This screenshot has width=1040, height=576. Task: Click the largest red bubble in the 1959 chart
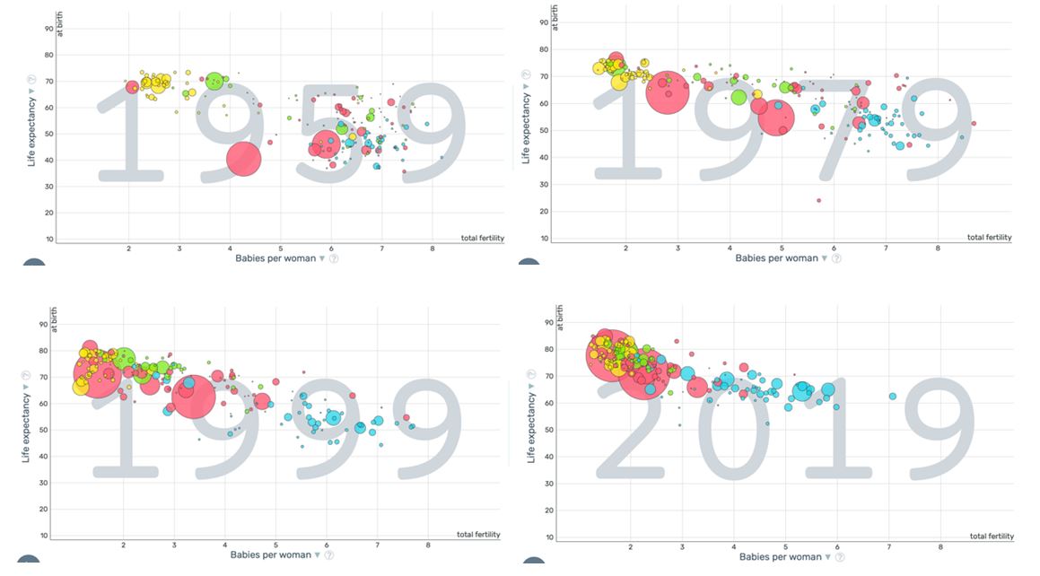coord(243,159)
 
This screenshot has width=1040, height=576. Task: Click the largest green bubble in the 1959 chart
coord(214,82)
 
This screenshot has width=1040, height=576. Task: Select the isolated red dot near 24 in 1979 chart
coord(818,201)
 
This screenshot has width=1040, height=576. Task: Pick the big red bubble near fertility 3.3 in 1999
coord(192,396)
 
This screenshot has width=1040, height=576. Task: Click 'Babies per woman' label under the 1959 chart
coord(275,258)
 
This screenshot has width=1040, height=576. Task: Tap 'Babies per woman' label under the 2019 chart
coord(780,557)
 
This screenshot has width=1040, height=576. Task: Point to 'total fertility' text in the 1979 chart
coord(989,238)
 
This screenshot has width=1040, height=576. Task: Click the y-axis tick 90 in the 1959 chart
coord(49,29)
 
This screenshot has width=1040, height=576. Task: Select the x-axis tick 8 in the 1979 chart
coord(938,247)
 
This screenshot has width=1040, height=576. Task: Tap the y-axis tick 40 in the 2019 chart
coord(549,457)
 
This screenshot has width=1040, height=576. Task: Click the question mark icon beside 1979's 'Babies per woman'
coord(836,258)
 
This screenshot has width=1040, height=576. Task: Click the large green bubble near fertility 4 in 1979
coord(738,97)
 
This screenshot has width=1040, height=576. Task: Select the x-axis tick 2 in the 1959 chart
coord(129,248)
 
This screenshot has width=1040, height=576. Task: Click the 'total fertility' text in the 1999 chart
coord(478,535)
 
